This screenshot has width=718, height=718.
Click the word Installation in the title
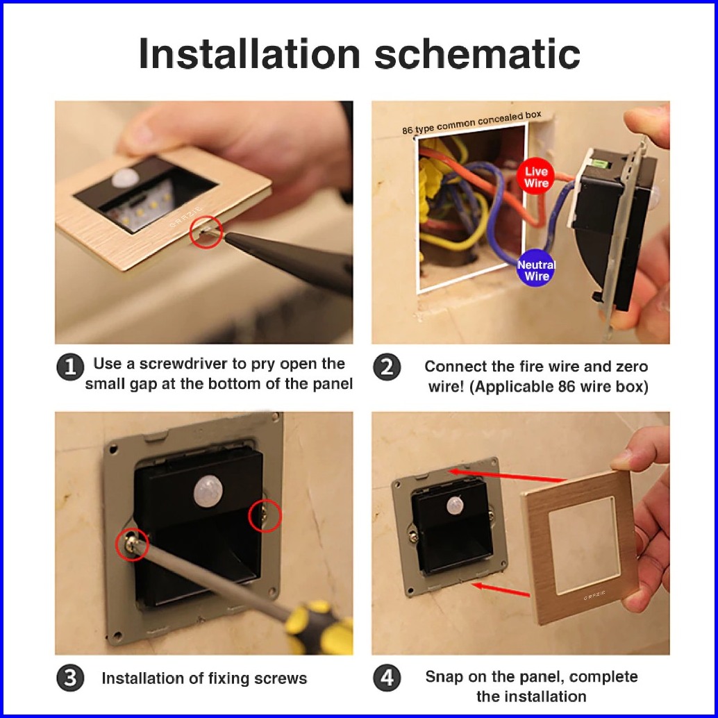[249, 53]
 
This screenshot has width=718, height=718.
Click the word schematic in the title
[477, 53]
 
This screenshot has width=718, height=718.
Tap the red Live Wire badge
[536, 177]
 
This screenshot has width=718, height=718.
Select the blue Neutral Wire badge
[536, 269]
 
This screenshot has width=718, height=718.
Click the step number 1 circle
[70, 367]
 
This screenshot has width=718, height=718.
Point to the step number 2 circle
[387, 367]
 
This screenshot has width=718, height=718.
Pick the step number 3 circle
[70, 678]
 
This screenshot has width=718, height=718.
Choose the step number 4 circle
[387, 678]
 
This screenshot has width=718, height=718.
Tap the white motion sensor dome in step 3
[208, 492]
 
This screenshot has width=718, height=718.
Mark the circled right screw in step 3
[265, 516]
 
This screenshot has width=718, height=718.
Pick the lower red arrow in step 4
[501, 590]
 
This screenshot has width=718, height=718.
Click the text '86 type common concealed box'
[471, 123]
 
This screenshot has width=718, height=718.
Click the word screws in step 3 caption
[281, 678]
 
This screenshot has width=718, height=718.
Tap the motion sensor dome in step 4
[455, 505]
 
